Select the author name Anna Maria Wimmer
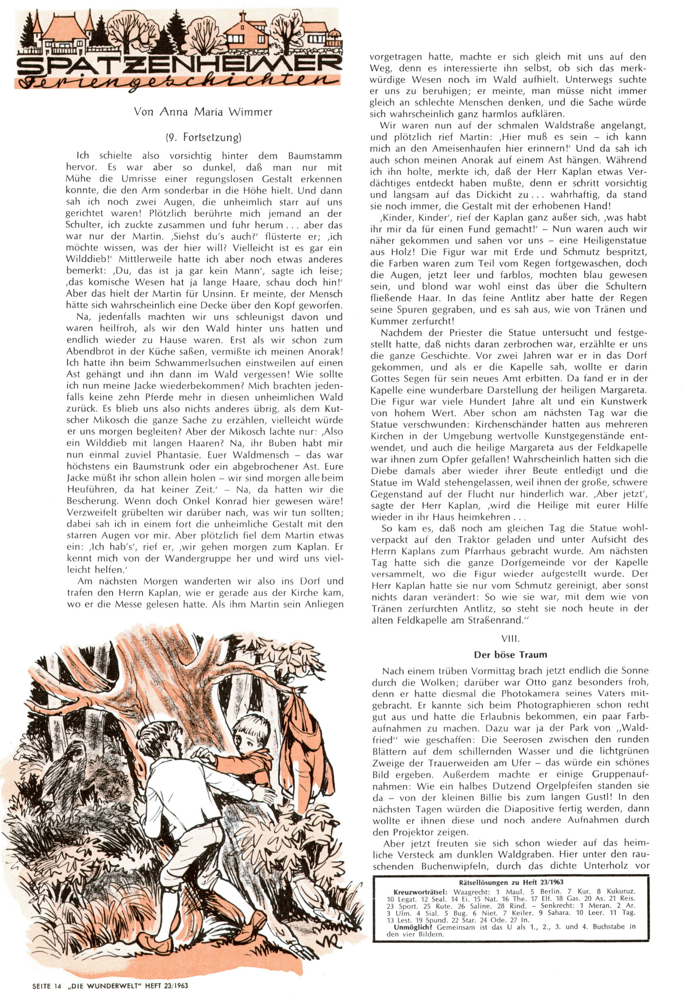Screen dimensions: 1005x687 (203, 112)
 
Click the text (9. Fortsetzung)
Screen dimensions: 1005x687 (203, 138)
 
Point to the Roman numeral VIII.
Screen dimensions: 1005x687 (510, 639)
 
